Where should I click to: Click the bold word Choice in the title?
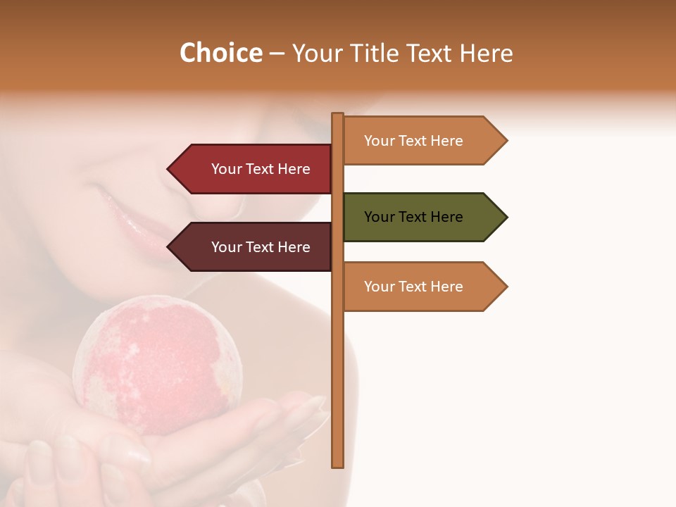(220, 54)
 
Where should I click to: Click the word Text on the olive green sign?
(413, 217)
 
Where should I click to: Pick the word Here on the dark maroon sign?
(294, 247)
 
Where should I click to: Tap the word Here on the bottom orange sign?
(446, 287)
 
